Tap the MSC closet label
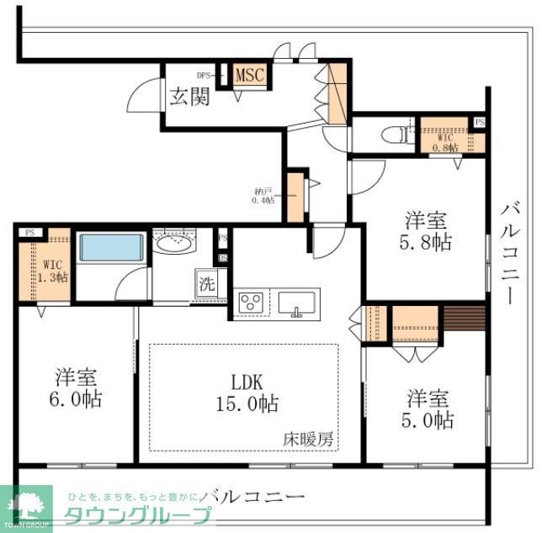click(x=249, y=75)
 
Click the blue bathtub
click(x=112, y=248)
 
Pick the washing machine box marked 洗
click(x=206, y=284)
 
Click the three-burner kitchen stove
click(x=251, y=303)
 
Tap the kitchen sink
click(x=296, y=303)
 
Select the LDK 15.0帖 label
click(x=244, y=392)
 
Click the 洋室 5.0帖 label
click(x=429, y=407)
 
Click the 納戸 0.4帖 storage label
click(x=263, y=195)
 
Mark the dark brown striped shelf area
click(x=465, y=319)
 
